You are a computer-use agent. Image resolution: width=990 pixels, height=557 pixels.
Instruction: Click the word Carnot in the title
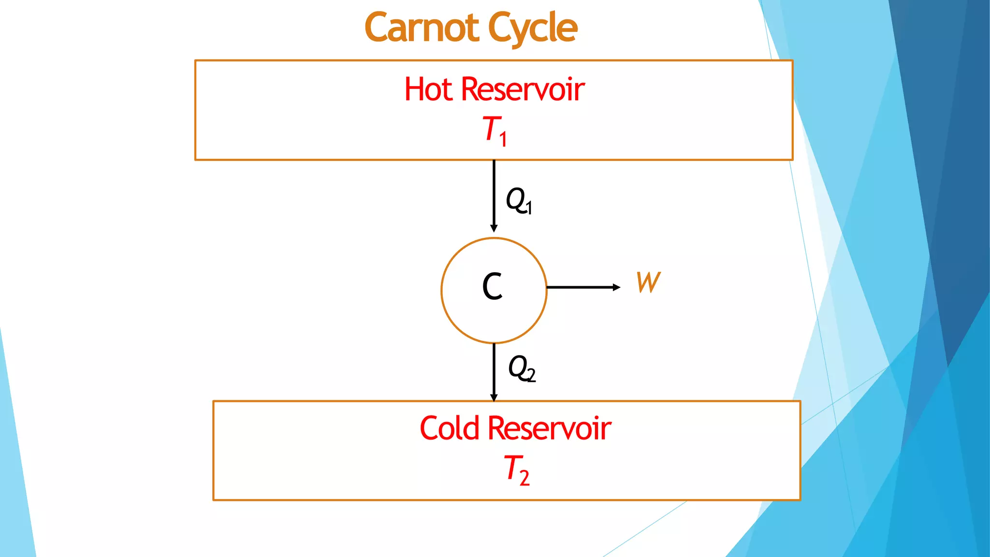click(422, 28)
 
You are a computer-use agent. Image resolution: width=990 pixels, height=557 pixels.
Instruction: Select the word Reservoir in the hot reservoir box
click(523, 89)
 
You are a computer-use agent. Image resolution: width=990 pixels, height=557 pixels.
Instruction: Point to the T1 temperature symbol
click(495, 130)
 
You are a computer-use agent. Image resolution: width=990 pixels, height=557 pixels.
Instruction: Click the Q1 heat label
click(518, 200)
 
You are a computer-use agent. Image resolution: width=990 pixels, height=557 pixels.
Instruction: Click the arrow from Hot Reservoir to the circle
click(494, 193)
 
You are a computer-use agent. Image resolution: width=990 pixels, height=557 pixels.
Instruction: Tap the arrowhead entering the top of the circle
click(494, 228)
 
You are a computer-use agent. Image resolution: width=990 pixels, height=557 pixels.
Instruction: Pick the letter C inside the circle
click(493, 286)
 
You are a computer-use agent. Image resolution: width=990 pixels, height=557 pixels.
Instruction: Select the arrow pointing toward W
click(580, 287)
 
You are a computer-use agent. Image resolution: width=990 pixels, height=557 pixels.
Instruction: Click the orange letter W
click(648, 282)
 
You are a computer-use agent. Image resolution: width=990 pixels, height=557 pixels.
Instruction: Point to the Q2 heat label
click(522, 368)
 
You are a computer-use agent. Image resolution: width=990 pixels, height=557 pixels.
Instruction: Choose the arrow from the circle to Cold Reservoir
click(494, 370)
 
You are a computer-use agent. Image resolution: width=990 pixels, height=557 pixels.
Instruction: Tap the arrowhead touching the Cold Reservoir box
click(494, 398)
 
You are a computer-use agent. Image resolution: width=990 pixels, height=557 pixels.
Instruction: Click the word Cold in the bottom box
click(449, 428)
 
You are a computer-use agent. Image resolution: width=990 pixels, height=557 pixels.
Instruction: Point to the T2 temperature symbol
click(516, 469)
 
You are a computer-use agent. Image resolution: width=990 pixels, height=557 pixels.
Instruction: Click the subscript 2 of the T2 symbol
click(524, 478)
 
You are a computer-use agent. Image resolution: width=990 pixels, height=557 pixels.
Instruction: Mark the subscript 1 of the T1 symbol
click(503, 139)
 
